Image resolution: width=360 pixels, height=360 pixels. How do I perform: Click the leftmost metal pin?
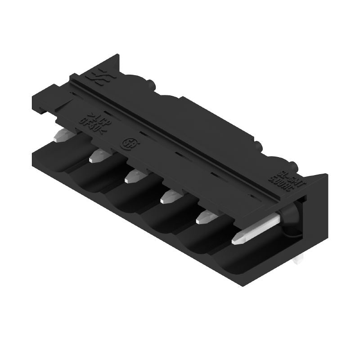(x=62, y=135)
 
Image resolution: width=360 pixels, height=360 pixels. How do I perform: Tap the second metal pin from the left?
(x=99, y=156)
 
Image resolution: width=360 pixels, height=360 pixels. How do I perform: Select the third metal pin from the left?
(x=133, y=176)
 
